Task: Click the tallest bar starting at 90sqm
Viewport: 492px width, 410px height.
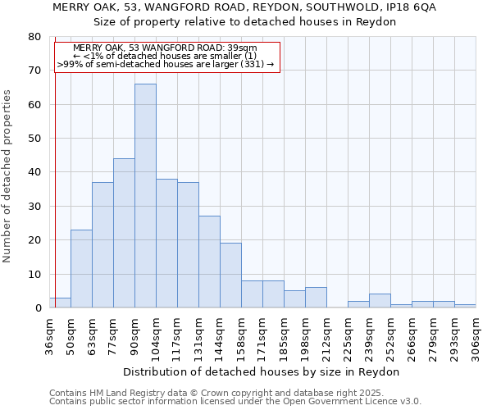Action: pyautogui.click(x=145, y=196)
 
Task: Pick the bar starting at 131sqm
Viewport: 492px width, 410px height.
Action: pyautogui.click(x=209, y=262)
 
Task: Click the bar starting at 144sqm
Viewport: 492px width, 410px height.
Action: pyautogui.click(x=230, y=276)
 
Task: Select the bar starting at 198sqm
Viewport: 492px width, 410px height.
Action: pyautogui.click(x=316, y=298)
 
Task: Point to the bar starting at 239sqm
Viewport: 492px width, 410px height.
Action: pyautogui.click(x=380, y=301)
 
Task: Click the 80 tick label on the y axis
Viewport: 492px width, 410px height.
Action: pyautogui.click(x=34, y=37)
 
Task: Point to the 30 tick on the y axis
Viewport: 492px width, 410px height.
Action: pyautogui.click(x=34, y=207)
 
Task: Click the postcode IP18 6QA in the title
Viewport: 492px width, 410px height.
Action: pyautogui.click(x=410, y=7)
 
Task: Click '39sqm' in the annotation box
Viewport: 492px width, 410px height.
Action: pyautogui.click(x=242, y=48)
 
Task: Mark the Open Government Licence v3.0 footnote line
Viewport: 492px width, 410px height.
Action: pyautogui.click(x=235, y=401)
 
